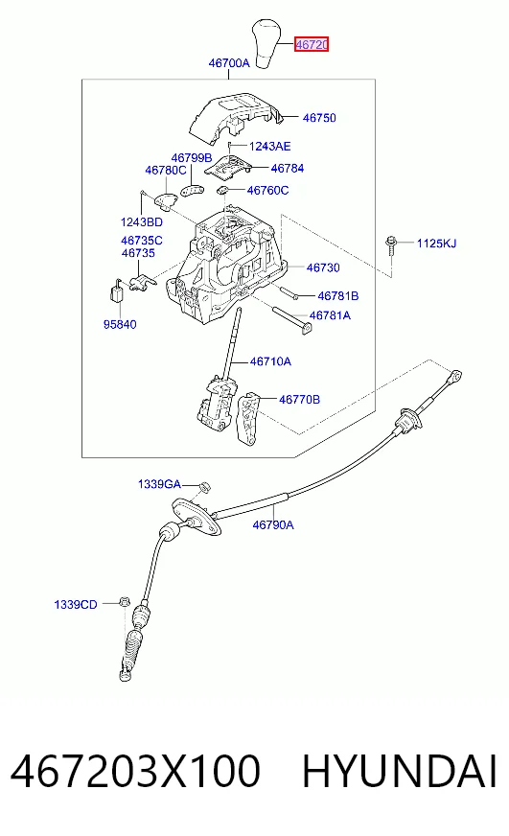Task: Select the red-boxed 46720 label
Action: coord(312,44)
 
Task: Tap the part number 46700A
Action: coord(229,63)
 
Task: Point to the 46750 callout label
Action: coord(319,118)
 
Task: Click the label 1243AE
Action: coord(269,146)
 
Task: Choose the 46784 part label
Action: coord(288,169)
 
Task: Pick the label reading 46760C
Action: coord(268,191)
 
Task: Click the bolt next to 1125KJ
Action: coord(392,248)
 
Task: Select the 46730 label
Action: coord(323,267)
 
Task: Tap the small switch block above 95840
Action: coord(117,290)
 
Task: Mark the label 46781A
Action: coord(330,315)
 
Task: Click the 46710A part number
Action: coord(270,361)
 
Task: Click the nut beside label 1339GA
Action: coord(205,487)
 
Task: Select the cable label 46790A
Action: coord(273,525)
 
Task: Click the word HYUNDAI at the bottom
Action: coord(400,771)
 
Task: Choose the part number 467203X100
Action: coord(135,771)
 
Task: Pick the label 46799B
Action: coord(192,158)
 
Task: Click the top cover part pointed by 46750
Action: coord(235,118)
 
